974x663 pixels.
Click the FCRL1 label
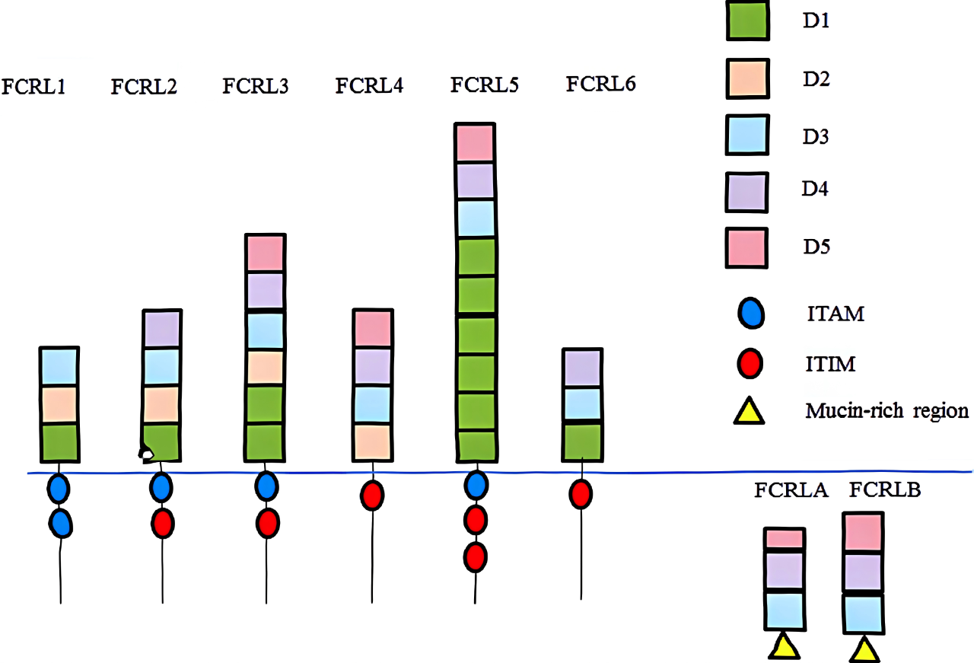(35, 86)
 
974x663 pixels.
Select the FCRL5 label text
(484, 84)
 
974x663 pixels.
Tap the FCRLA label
(791, 491)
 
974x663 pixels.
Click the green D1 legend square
(746, 22)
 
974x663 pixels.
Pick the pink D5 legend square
(746, 248)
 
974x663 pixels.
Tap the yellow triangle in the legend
(748, 412)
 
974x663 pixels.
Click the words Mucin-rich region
(886, 412)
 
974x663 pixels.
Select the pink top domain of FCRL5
(475, 142)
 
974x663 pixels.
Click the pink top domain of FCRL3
(265, 253)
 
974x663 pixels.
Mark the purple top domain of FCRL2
(161, 329)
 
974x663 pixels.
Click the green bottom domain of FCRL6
(582, 441)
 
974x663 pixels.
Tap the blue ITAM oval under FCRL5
(476, 486)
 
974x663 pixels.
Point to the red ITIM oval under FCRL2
(162, 524)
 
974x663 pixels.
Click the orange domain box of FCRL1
(59, 405)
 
